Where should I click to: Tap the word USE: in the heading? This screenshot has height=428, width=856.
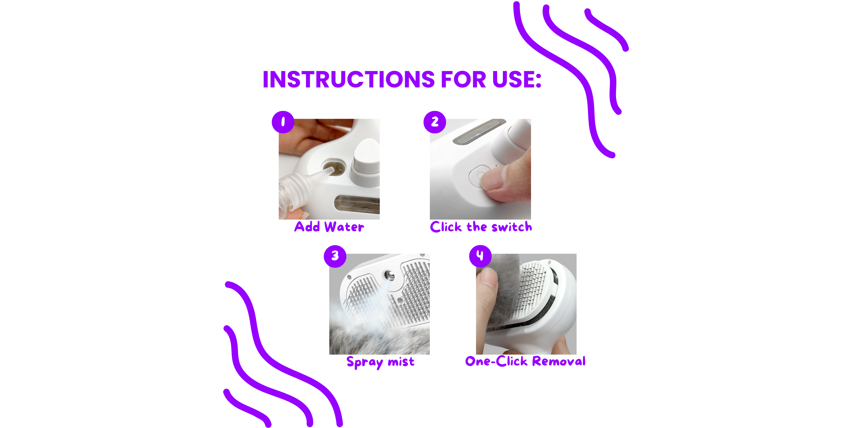(x=517, y=79)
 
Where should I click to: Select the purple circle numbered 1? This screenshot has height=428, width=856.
(x=283, y=122)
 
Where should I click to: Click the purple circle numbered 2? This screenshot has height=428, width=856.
(x=435, y=122)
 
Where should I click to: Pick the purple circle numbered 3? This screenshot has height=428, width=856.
(x=335, y=256)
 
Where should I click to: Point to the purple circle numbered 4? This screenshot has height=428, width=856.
(x=480, y=256)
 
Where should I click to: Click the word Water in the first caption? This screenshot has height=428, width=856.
(x=344, y=227)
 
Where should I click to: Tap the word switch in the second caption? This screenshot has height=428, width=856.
(x=512, y=227)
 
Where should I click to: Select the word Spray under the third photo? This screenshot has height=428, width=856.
(x=364, y=362)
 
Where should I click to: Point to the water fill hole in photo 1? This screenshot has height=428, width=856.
(x=334, y=168)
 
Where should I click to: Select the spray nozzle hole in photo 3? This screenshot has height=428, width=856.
(x=389, y=275)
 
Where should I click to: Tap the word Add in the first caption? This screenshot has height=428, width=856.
(x=307, y=227)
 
